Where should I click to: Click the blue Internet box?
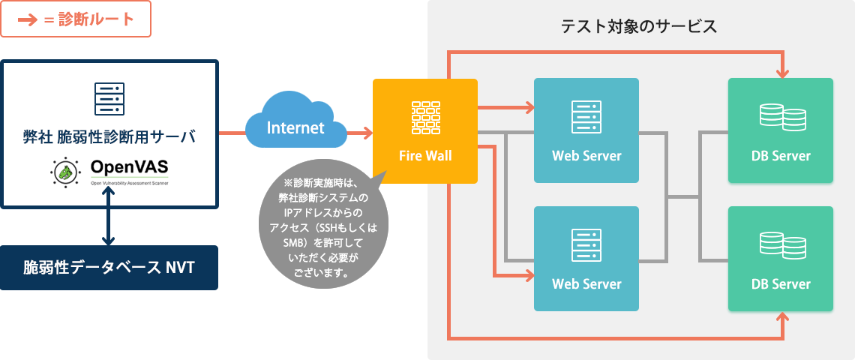point(296,127)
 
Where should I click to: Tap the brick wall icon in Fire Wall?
point(425,117)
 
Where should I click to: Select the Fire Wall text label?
point(425,156)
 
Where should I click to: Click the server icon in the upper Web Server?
point(586,116)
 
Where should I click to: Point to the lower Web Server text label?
point(586,284)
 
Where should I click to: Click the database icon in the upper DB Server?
point(781,116)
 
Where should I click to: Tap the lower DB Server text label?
point(781,284)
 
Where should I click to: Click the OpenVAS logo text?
point(129,166)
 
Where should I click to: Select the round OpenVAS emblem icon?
point(66,173)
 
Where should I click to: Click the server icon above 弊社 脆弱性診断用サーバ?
point(109,98)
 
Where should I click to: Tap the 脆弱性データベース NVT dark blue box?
point(109,267)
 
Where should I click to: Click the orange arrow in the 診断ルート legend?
point(28,20)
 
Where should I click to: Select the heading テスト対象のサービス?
point(639,27)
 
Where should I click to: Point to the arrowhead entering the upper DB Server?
point(783,73)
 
